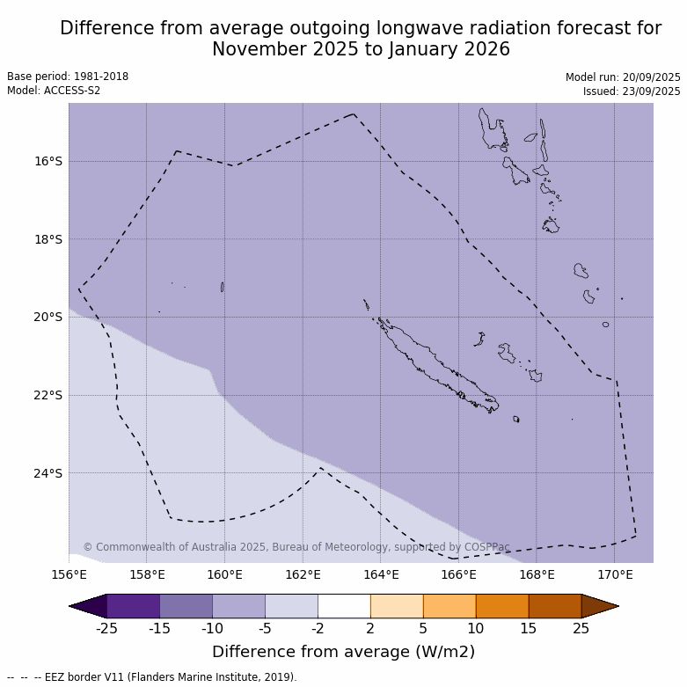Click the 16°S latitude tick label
click(48, 161)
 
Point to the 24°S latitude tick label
click(48, 473)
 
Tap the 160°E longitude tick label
click(224, 575)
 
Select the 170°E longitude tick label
click(615, 575)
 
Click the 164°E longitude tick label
click(381, 575)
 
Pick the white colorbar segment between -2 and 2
click(344, 606)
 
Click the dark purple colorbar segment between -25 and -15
click(133, 606)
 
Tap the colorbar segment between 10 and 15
click(502, 606)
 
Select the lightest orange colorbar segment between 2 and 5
click(397, 606)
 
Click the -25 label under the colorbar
click(106, 628)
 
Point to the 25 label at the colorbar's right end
click(581, 628)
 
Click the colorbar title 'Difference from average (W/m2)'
click(343, 652)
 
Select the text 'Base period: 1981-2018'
click(68, 77)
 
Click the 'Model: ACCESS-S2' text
click(54, 91)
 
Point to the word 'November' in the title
click(253, 50)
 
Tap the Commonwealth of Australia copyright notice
click(296, 547)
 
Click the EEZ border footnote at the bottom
click(152, 677)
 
